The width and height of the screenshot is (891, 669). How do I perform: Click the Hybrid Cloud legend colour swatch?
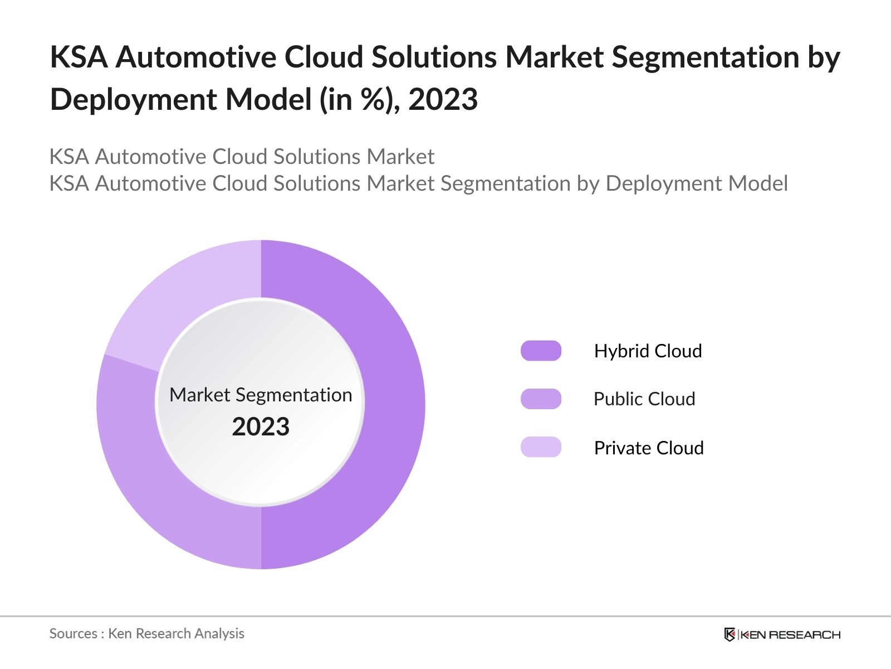pos(541,351)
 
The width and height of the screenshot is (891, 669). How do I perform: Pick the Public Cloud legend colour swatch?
pos(541,399)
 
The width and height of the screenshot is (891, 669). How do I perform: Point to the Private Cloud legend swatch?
pos(541,447)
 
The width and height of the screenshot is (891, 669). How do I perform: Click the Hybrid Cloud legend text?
pos(648,351)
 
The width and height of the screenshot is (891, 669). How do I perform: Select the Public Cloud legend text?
pos(644,399)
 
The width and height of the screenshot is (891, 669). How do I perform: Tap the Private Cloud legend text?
pos(649,448)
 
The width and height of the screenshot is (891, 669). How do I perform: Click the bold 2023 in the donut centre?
pos(261,427)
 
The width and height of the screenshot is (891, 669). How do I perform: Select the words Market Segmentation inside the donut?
pos(261,395)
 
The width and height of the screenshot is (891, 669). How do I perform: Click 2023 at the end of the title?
pos(443,100)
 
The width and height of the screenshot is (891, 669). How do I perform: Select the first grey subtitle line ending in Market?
pos(242,157)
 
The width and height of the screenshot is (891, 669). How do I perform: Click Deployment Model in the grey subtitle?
pos(697,183)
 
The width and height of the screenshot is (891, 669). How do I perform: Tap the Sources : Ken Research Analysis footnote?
pos(147,633)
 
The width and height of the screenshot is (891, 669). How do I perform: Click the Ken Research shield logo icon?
pos(730,634)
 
